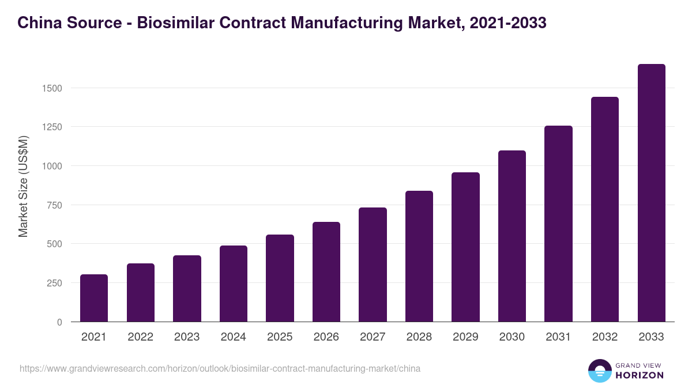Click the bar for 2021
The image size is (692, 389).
click(94, 298)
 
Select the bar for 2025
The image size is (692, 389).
click(280, 278)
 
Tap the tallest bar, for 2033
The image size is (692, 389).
click(651, 193)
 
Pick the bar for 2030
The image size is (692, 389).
click(512, 236)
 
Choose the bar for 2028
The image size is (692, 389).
click(419, 256)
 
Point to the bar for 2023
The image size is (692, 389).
click(187, 289)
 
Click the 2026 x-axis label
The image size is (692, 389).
click(326, 337)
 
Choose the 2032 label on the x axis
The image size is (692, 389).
click(605, 337)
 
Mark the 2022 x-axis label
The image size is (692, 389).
click(141, 337)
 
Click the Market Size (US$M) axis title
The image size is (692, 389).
click(23, 186)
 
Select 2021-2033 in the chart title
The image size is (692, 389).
click(508, 23)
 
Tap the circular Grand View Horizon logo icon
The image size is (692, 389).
click(600, 371)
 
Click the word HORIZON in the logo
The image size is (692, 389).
click(640, 375)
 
